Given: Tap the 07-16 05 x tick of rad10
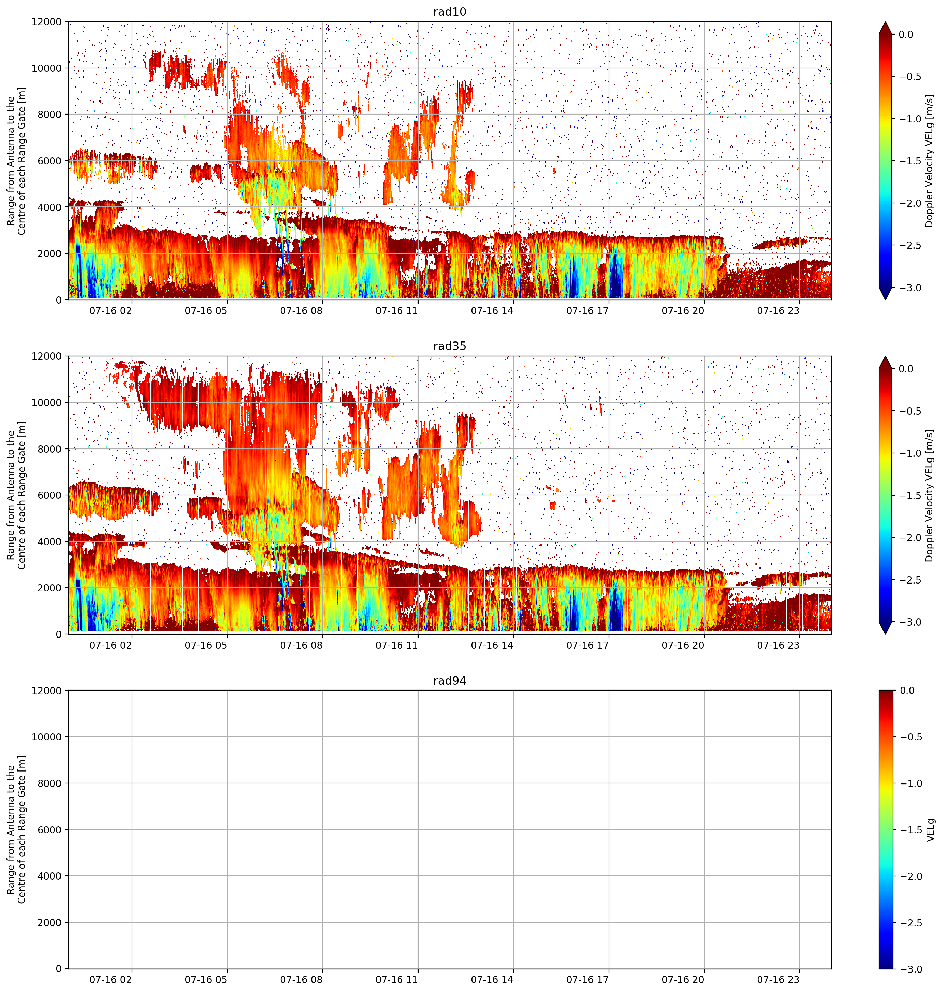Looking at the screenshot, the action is [x=206, y=311].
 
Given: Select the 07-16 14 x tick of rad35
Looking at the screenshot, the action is [x=492, y=645].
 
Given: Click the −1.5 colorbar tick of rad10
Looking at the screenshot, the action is [x=910, y=161].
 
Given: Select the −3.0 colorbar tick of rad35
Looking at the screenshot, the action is [x=910, y=622].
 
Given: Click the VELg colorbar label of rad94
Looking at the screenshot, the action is [x=930, y=830].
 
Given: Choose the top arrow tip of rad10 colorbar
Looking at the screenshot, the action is [x=886, y=22].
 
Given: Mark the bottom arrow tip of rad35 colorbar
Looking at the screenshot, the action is [x=886, y=634].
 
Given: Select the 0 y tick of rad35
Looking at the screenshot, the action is [x=59, y=634].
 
